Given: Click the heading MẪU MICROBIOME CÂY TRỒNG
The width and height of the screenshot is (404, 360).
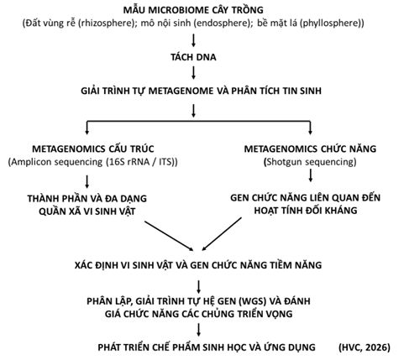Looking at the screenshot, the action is [x=193, y=9].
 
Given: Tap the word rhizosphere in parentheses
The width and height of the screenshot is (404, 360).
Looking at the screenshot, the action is [x=105, y=23].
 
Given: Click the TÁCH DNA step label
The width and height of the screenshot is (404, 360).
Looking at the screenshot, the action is [x=193, y=57].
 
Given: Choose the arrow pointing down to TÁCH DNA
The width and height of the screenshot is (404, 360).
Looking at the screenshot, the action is [x=193, y=40].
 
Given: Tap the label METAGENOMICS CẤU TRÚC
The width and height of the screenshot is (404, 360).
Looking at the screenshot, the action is [x=93, y=149].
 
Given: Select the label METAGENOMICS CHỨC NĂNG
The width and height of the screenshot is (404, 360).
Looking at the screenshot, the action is [x=310, y=149].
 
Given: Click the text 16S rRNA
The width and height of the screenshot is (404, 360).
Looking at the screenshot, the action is [x=129, y=162].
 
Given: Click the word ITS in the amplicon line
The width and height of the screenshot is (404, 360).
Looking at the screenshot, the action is [x=165, y=162].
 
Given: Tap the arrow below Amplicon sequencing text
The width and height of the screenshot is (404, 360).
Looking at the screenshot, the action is [x=87, y=181].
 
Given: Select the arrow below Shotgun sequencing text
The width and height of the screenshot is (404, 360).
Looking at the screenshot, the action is [x=310, y=175].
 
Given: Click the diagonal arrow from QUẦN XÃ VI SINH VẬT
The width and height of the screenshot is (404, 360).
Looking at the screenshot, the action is [x=169, y=236].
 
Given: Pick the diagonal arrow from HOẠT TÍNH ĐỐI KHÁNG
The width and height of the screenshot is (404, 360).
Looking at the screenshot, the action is [x=222, y=234].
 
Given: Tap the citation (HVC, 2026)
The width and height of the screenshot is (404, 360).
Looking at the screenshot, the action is [x=365, y=347].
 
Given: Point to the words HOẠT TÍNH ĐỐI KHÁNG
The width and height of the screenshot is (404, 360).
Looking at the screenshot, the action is [x=306, y=211].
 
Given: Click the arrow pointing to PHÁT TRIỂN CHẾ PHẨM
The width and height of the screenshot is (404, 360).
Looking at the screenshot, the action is [x=198, y=330].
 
